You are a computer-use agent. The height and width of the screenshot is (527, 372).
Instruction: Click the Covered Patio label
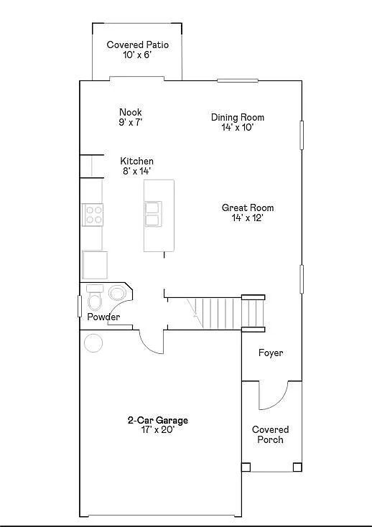click(137, 45)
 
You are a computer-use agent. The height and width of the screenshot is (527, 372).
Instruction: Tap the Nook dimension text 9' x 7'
click(131, 122)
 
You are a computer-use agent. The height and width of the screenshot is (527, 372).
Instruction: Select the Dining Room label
click(238, 117)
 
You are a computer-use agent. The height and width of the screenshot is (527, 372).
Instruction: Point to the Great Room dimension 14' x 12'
click(247, 218)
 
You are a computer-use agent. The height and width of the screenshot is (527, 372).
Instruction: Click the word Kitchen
click(136, 161)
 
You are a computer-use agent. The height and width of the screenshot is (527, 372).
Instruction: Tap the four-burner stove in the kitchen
click(93, 215)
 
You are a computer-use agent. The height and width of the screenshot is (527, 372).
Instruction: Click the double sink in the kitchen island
click(153, 214)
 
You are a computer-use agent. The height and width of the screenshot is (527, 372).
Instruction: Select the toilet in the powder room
click(94, 298)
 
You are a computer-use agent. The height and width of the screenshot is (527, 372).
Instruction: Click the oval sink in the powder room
click(117, 293)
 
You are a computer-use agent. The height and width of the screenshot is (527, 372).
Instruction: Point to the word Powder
click(103, 317)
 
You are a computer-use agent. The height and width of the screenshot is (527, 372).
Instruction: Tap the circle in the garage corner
click(93, 343)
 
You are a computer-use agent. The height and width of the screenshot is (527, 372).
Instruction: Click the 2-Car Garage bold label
click(157, 421)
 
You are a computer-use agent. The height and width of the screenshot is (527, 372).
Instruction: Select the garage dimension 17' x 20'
click(158, 429)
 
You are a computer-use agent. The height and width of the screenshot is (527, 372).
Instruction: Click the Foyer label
click(271, 353)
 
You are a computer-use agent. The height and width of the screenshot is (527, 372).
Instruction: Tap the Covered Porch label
click(270, 434)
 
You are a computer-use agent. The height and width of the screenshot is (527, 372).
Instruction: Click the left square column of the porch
click(246, 467)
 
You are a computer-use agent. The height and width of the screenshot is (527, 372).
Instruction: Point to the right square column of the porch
click(297, 467)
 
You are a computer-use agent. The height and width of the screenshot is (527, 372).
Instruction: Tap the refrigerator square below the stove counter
click(95, 265)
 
